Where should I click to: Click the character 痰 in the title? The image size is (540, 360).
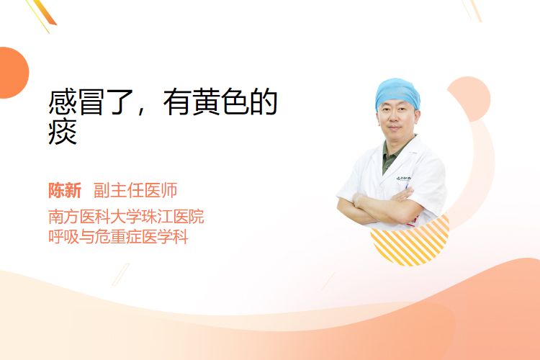[63, 132]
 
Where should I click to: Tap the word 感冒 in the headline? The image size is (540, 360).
[76, 102]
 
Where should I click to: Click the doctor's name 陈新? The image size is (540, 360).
[65, 190]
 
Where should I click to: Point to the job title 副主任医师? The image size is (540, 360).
[135, 190]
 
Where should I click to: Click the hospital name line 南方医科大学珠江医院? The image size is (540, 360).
[126, 216]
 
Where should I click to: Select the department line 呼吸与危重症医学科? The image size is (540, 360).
[118, 237]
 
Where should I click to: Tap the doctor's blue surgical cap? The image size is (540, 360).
[397, 92]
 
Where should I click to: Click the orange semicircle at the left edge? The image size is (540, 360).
[13, 73]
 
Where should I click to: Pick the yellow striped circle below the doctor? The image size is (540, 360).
[410, 241]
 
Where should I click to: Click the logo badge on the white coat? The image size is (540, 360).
[403, 179]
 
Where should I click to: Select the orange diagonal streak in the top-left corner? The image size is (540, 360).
[43, 14]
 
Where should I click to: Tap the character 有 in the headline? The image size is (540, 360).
[177, 102]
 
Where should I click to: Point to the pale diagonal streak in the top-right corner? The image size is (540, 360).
[472, 10]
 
